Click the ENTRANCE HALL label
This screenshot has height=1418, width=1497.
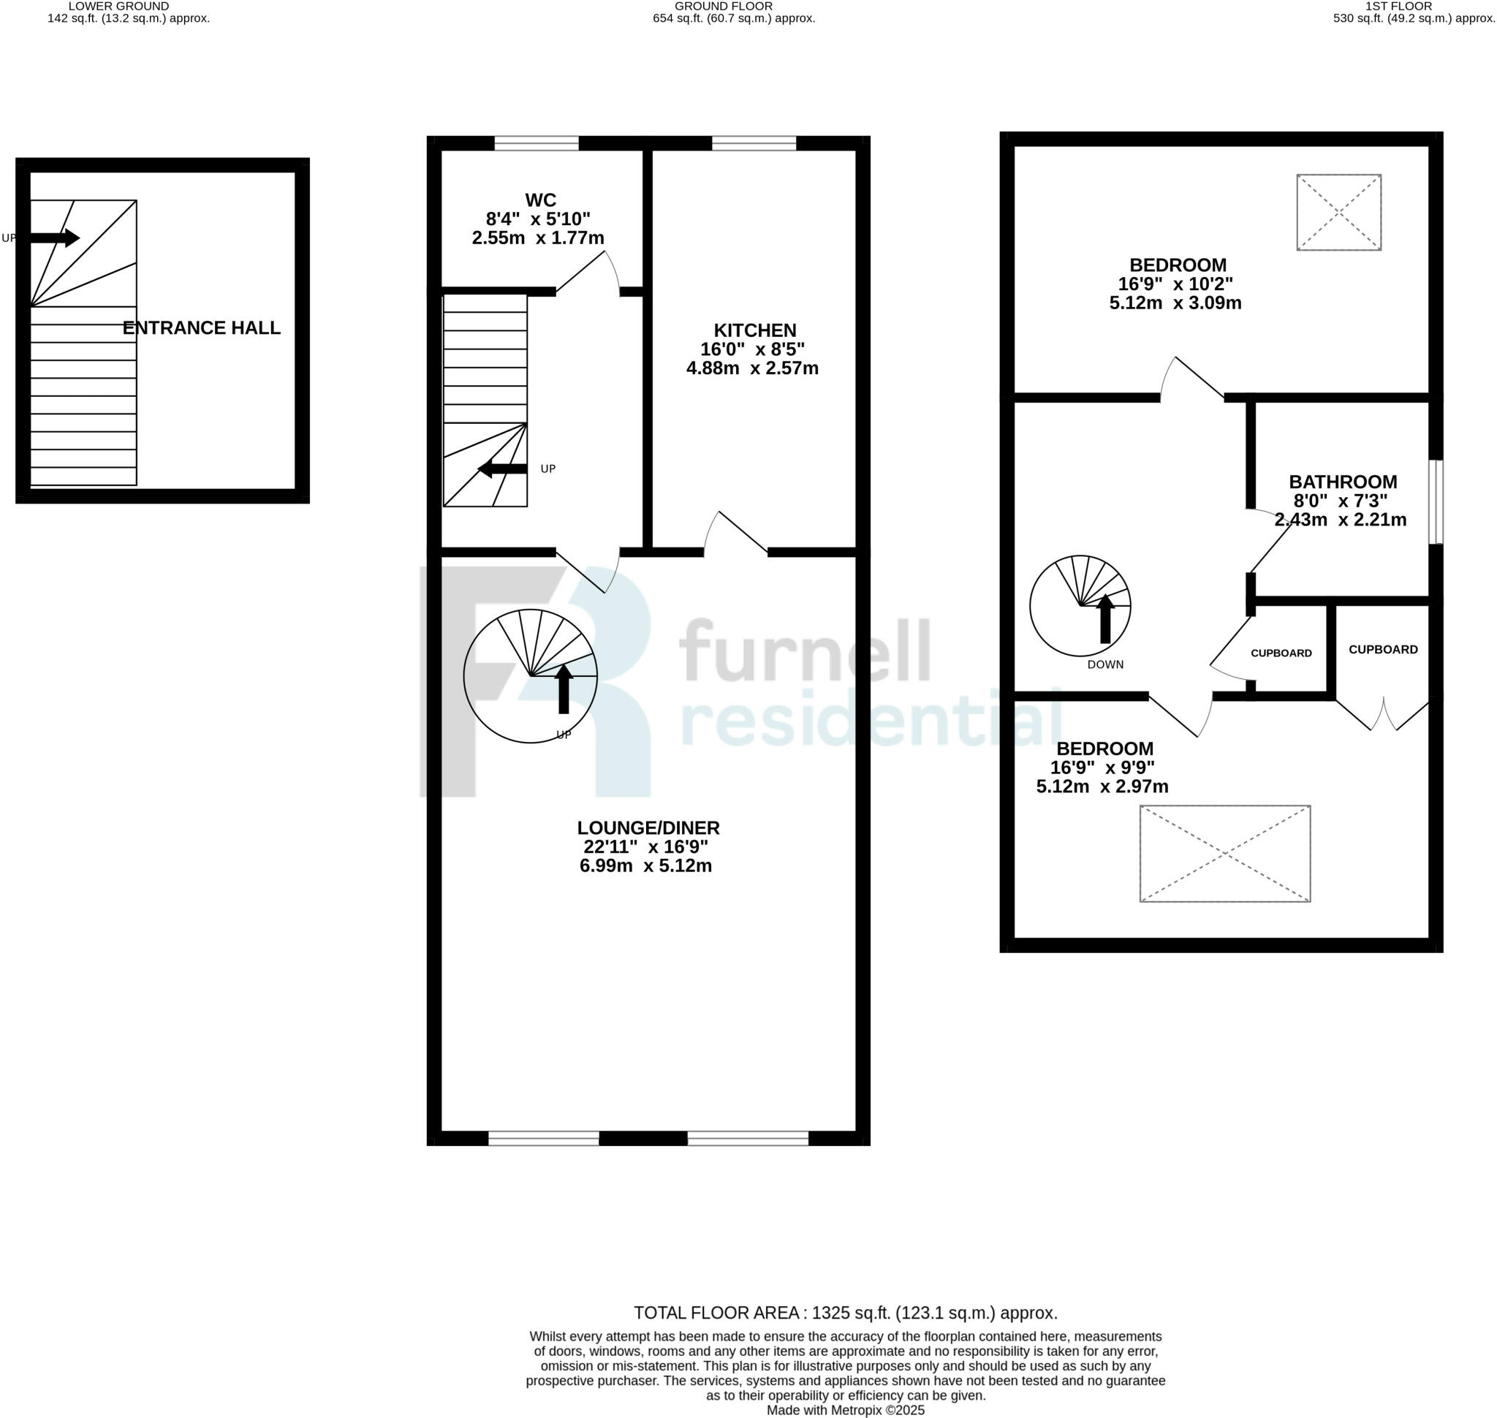point(201,327)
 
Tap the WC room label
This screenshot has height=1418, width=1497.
point(540,200)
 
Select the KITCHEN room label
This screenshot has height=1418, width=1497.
point(754,330)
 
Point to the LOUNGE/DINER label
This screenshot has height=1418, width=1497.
point(648,827)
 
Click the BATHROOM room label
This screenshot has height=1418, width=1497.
point(1343,482)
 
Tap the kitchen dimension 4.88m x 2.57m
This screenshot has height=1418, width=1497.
point(751,368)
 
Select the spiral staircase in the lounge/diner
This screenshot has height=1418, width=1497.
point(530,675)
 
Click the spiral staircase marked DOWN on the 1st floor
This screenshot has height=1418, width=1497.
point(1080,605)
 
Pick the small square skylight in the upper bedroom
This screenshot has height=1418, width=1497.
point(1338,213)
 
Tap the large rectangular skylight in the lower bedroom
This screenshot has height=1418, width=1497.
point(1224,854)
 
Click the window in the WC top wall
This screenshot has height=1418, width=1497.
point(536,143)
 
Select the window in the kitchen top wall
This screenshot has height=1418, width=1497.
point(753,143)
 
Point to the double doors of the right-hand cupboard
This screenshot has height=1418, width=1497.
point(1383,714)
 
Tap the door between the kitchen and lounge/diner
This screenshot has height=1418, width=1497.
point(735,534)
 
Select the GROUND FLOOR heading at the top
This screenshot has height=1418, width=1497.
point(733,6)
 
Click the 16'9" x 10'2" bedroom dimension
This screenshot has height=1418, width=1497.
point(1175,284)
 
